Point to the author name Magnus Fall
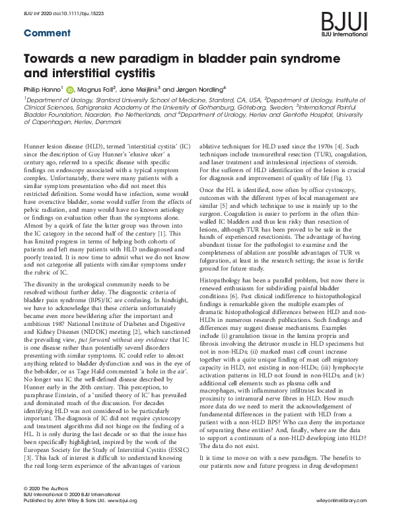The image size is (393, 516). pos(101,89)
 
